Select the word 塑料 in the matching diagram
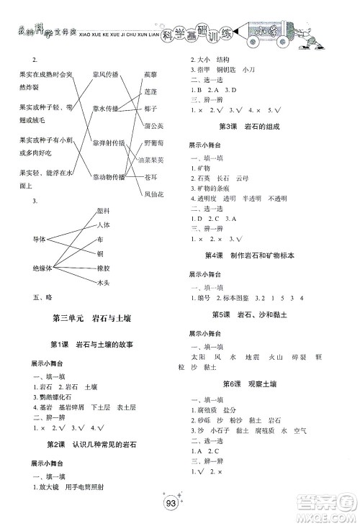pos(102,210)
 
